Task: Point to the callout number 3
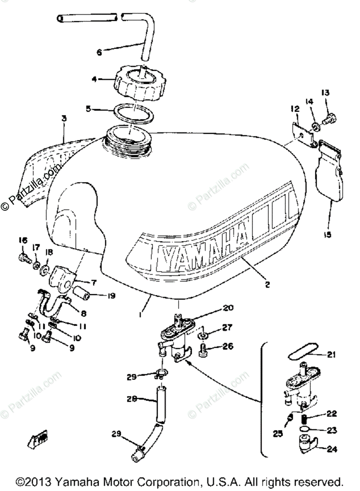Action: pyautogui.click(x=64, y=118)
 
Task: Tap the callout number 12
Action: pyautogui.click(x=296, y=109)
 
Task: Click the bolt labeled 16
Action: pyautogui.click(x=23, y=258)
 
